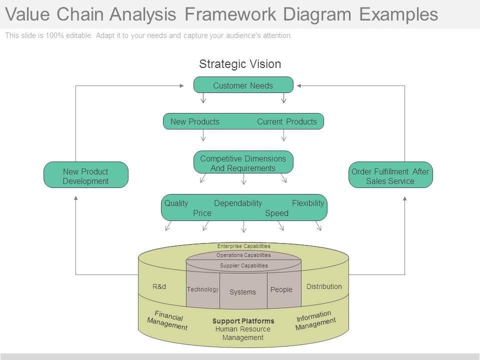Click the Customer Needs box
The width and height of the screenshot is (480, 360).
click(243, 85)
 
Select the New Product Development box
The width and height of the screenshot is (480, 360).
click(85, 176)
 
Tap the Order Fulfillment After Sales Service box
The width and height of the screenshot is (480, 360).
click(390, 176)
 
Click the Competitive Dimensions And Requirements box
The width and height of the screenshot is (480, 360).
click(243, 163)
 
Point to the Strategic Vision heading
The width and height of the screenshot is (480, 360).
click(240, 64)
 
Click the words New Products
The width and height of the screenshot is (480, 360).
click(194, 121)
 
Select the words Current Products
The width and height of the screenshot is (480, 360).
click(286, 121)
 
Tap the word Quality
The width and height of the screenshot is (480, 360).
click(176, 203)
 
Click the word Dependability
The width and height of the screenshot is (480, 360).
click(238, 203)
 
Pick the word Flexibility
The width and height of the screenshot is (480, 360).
click(307, 203)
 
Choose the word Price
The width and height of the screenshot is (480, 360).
click(202, 213)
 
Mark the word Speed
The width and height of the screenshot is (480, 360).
click(276, 213)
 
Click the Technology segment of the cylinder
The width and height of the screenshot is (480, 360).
click(202, 289)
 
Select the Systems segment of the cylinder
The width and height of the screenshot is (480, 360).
click(242, 292)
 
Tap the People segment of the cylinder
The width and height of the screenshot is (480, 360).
click(281, 289)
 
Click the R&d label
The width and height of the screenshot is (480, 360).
click(159, 286)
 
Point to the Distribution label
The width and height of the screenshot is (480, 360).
click(324, 286)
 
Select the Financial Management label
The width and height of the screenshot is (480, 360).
click(167, 320)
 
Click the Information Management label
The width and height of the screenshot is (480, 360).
click(315, 320)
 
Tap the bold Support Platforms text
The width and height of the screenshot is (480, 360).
click(243, 320)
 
